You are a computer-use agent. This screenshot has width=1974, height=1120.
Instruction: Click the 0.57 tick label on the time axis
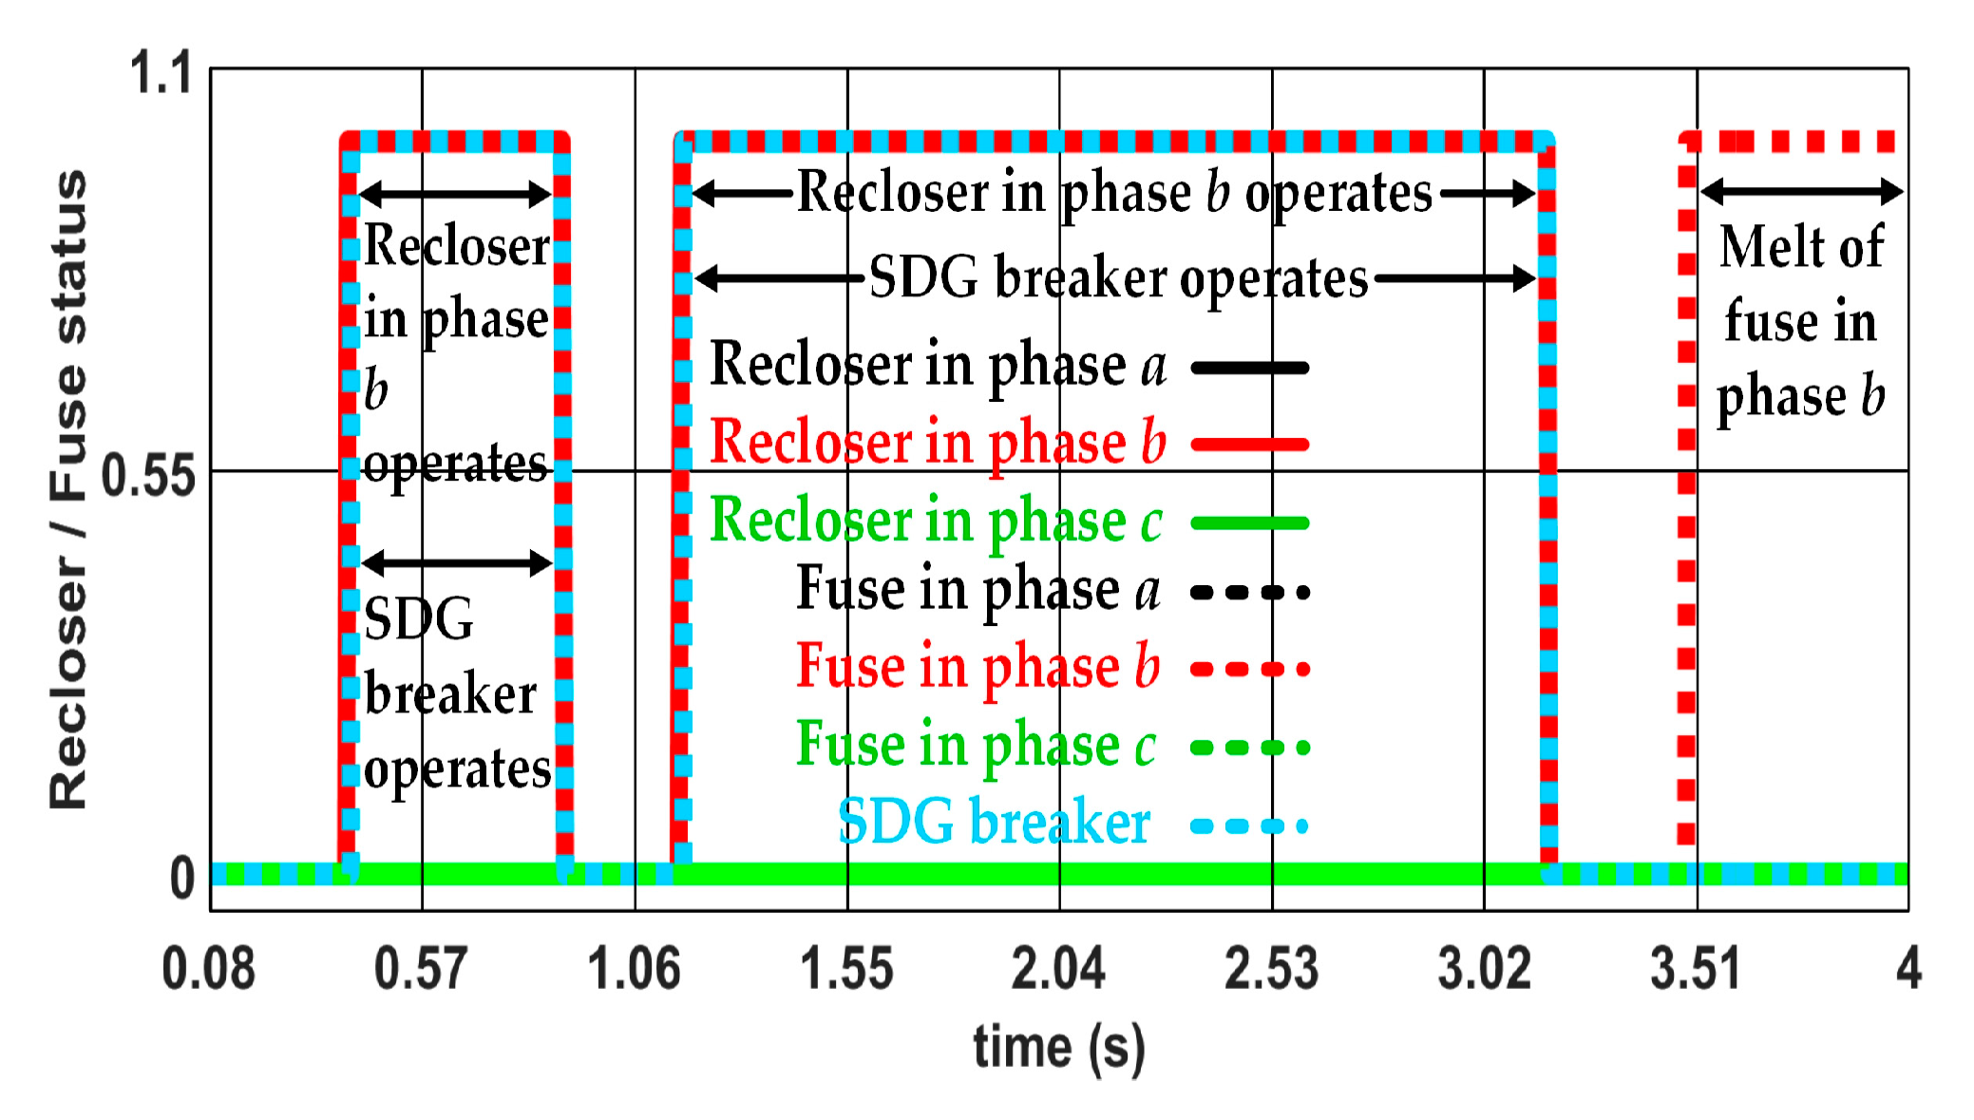tap(421, 969)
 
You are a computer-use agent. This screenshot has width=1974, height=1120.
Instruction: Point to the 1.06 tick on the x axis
tap(634, 969)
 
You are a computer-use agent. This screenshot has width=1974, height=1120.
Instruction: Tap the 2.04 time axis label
tap(1058, 969)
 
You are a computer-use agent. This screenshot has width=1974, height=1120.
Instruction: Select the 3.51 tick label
tap(1696, 969)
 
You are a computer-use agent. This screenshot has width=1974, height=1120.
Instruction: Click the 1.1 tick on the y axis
tap(161, 73)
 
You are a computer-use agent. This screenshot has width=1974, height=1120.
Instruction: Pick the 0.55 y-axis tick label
tap(148, 475)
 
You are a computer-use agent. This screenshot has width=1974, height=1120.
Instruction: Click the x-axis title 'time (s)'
tap(1059, 1048)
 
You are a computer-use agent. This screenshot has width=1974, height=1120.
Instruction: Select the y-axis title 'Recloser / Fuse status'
tap(68, 489)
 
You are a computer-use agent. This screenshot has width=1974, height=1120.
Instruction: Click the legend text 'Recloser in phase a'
tap(938, 366)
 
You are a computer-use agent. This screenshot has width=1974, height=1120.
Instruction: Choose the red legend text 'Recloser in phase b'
tap(938, 444)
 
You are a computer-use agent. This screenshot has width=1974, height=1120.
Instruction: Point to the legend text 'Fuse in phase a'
tap(978, 590)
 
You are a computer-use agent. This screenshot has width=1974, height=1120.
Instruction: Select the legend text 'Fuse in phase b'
tap(978, 667)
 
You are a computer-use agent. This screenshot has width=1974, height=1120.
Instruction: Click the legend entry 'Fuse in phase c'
tap(977, 745)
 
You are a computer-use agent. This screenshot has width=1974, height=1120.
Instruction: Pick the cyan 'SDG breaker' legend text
tap(994, 823)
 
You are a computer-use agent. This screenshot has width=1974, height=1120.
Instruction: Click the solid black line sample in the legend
tap(1250, 368)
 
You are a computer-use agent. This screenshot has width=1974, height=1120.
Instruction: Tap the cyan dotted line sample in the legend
tap(1250, 826)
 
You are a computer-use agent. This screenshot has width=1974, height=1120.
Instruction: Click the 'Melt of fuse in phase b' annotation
tap(1801, 321)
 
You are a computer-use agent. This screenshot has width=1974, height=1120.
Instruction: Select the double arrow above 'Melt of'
tap(1801, 193)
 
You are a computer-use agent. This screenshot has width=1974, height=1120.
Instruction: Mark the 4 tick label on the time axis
tap(1908, 969)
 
